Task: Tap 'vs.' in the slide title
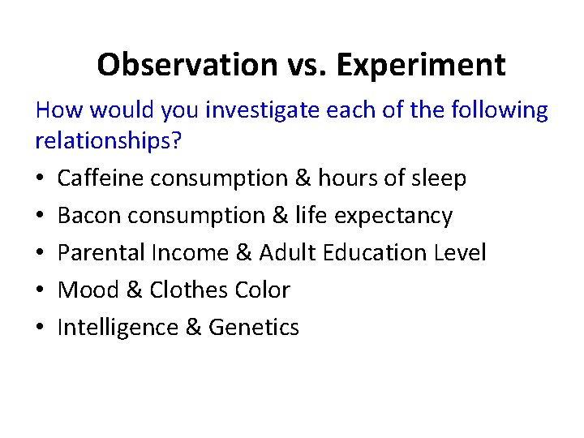click(x=301, y=64)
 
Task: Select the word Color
click(x=265, y=290)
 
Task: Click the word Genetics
click(x=254, y=327)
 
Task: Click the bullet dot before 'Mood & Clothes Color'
click(x=41, y=290)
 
